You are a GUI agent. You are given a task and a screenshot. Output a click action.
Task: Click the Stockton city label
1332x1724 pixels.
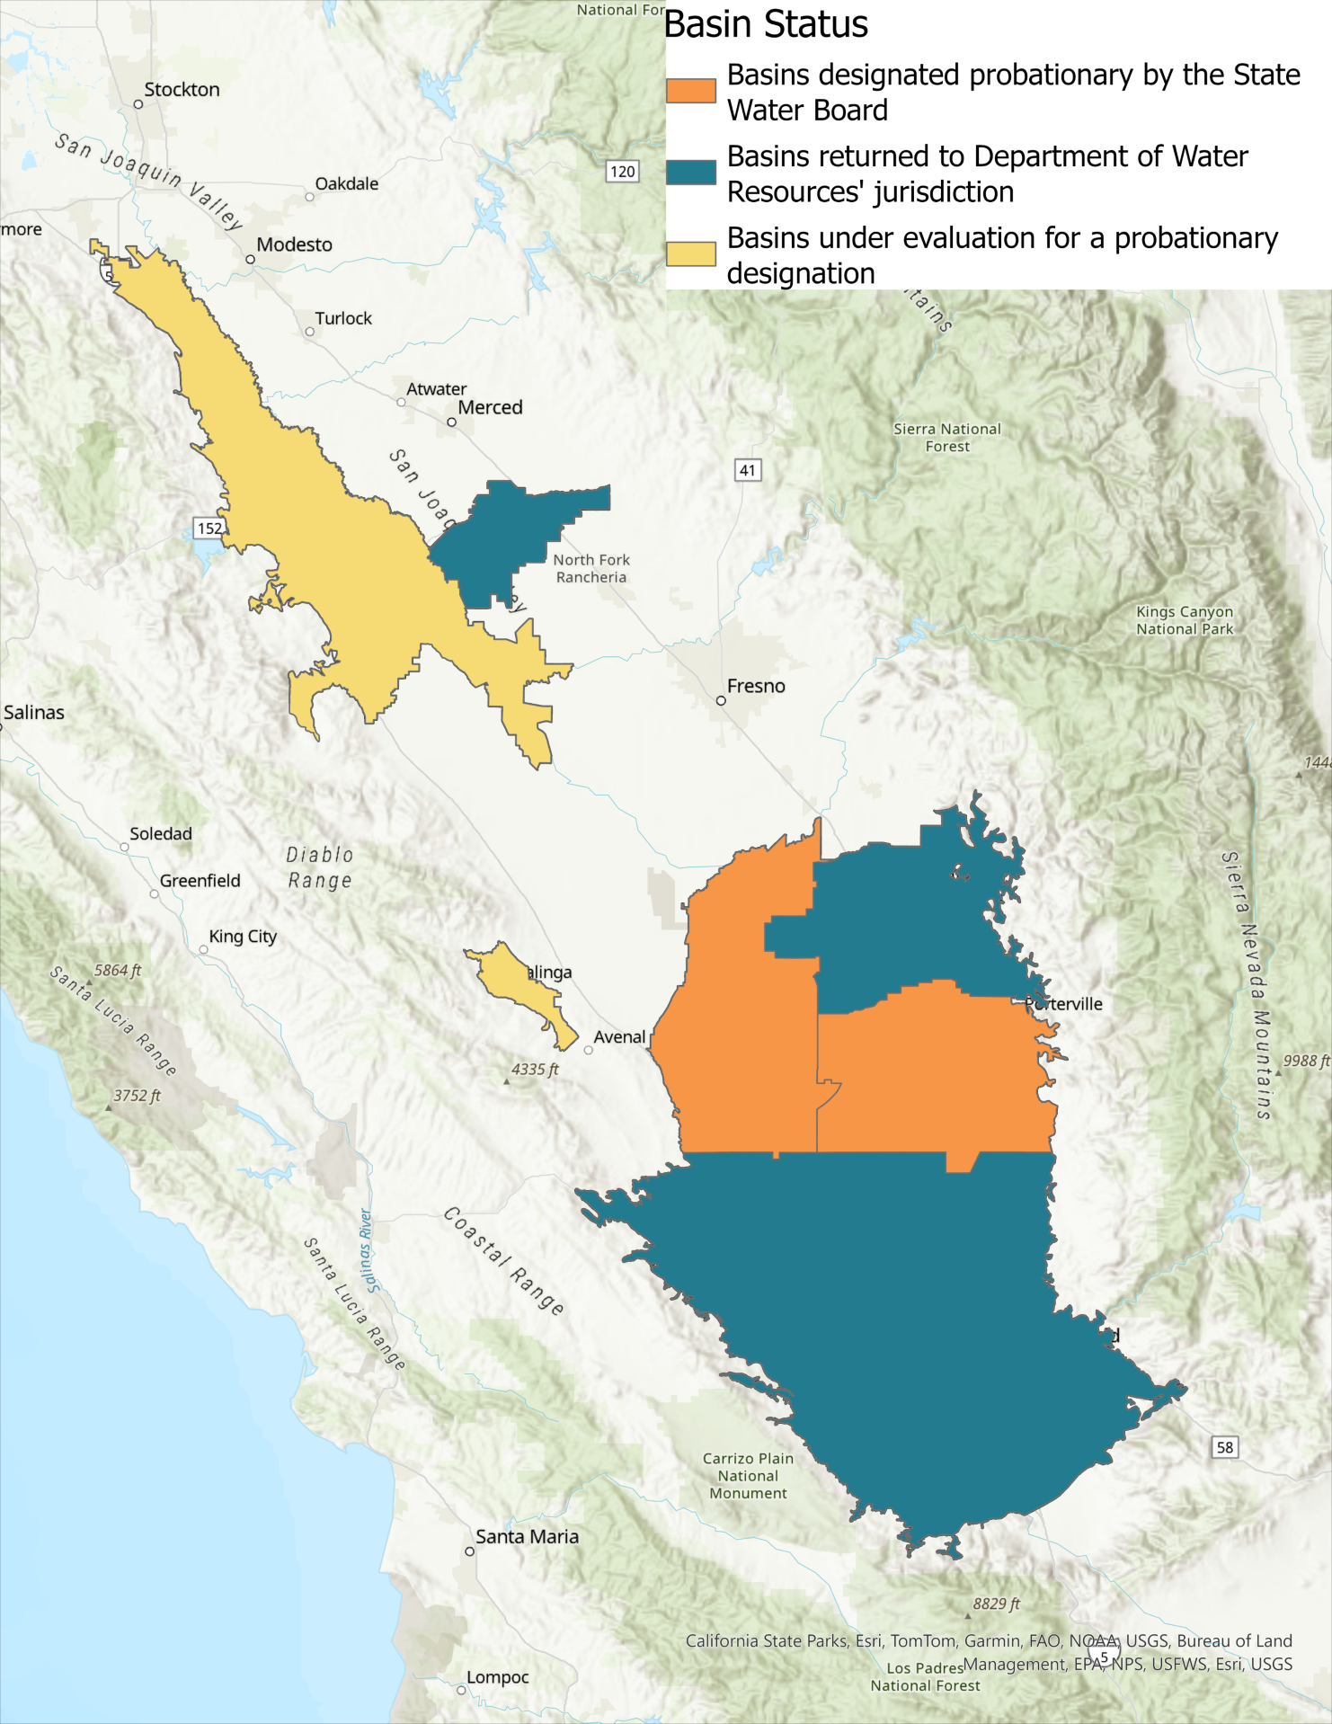coord(182,90)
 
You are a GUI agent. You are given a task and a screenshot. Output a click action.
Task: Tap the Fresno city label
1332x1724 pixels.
coord(755,687)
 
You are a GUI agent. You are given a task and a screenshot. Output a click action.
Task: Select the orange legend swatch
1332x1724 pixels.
coord(690,91)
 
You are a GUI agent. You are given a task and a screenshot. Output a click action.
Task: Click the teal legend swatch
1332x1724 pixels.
coord(690,173)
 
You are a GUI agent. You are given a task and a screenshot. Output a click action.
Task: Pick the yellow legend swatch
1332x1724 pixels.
coord(690,253)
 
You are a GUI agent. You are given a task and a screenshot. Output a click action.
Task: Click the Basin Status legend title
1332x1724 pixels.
coord(766,24)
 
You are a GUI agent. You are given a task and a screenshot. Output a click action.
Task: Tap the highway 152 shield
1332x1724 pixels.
coord(209,529)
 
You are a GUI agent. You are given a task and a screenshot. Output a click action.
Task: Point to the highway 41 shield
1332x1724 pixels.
coord(748,470)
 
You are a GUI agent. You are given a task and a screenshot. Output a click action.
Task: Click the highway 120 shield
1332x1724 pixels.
coord(622,172)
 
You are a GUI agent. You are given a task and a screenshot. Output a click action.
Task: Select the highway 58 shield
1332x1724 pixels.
coord(1225,1447)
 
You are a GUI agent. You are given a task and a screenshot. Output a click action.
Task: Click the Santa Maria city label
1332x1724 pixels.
coord(527,1537)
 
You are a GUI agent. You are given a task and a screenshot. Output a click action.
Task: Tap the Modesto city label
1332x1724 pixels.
coord(294,244)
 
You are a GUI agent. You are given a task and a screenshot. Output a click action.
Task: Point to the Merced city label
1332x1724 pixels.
coord(490,408)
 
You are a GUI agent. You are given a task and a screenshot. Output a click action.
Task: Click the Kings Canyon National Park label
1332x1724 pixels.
coord(1185,620)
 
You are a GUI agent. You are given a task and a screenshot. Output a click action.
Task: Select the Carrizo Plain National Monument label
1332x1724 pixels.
coord(748,1476)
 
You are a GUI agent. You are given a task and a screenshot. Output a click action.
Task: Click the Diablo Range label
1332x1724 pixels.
coord(320,867)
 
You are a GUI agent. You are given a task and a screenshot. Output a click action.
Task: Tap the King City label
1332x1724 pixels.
coord(243,937)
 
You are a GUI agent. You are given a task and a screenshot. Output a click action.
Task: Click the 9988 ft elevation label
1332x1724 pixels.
coord(1306,1061)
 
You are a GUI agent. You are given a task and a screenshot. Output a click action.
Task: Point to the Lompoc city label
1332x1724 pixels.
coord(497,1677)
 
